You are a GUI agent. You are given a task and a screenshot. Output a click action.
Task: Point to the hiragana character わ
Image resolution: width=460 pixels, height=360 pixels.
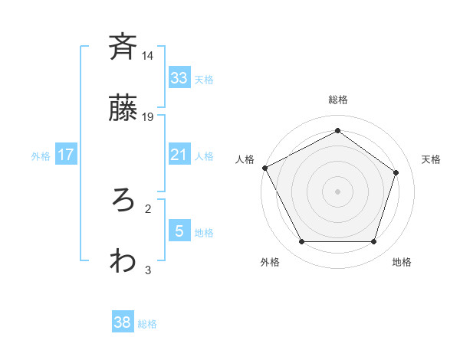[x=123, y=260]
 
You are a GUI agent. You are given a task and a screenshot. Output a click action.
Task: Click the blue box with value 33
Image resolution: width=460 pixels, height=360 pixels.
[x=179, y=77]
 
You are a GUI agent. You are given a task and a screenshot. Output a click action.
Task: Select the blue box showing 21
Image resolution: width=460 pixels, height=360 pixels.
[x=179, y=155]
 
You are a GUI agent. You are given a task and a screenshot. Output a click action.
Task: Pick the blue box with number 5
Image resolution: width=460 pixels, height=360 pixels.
[x=179, y=231]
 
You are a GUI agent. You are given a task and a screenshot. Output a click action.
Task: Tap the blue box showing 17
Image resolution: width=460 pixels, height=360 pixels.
[x=66, y=155]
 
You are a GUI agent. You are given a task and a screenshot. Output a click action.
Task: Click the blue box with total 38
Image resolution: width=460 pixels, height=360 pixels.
[x=123, y=322]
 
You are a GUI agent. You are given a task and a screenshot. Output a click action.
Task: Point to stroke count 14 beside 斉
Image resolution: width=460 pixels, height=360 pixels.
[x=148, y=56]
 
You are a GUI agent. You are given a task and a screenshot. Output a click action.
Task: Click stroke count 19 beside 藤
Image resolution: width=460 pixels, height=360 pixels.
[x=148, y=117]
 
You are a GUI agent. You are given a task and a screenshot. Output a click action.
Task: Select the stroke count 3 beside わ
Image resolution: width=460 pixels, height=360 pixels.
[x=148, y=270]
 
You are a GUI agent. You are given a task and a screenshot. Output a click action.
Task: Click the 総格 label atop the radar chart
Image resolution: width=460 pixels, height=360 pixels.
[x=337, y=100]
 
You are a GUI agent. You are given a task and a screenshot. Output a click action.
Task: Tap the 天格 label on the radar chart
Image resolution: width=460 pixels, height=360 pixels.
[x=431, y=159]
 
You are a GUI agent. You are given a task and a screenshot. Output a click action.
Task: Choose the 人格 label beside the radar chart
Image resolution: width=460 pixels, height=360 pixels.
[x=245, y=159]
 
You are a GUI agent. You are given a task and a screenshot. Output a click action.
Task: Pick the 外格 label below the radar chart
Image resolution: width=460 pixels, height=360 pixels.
[x=270, y=262]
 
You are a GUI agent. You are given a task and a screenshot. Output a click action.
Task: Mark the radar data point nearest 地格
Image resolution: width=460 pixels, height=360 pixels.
[x=373, y=241]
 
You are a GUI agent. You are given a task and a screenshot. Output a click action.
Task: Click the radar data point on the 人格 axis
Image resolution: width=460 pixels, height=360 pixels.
[x=264, y=168]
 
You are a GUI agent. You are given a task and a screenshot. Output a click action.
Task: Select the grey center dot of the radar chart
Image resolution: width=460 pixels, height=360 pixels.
[x=337, y=191]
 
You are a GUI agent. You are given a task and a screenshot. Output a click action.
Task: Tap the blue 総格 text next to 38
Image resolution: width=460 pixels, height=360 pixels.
[x=147, y=324]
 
